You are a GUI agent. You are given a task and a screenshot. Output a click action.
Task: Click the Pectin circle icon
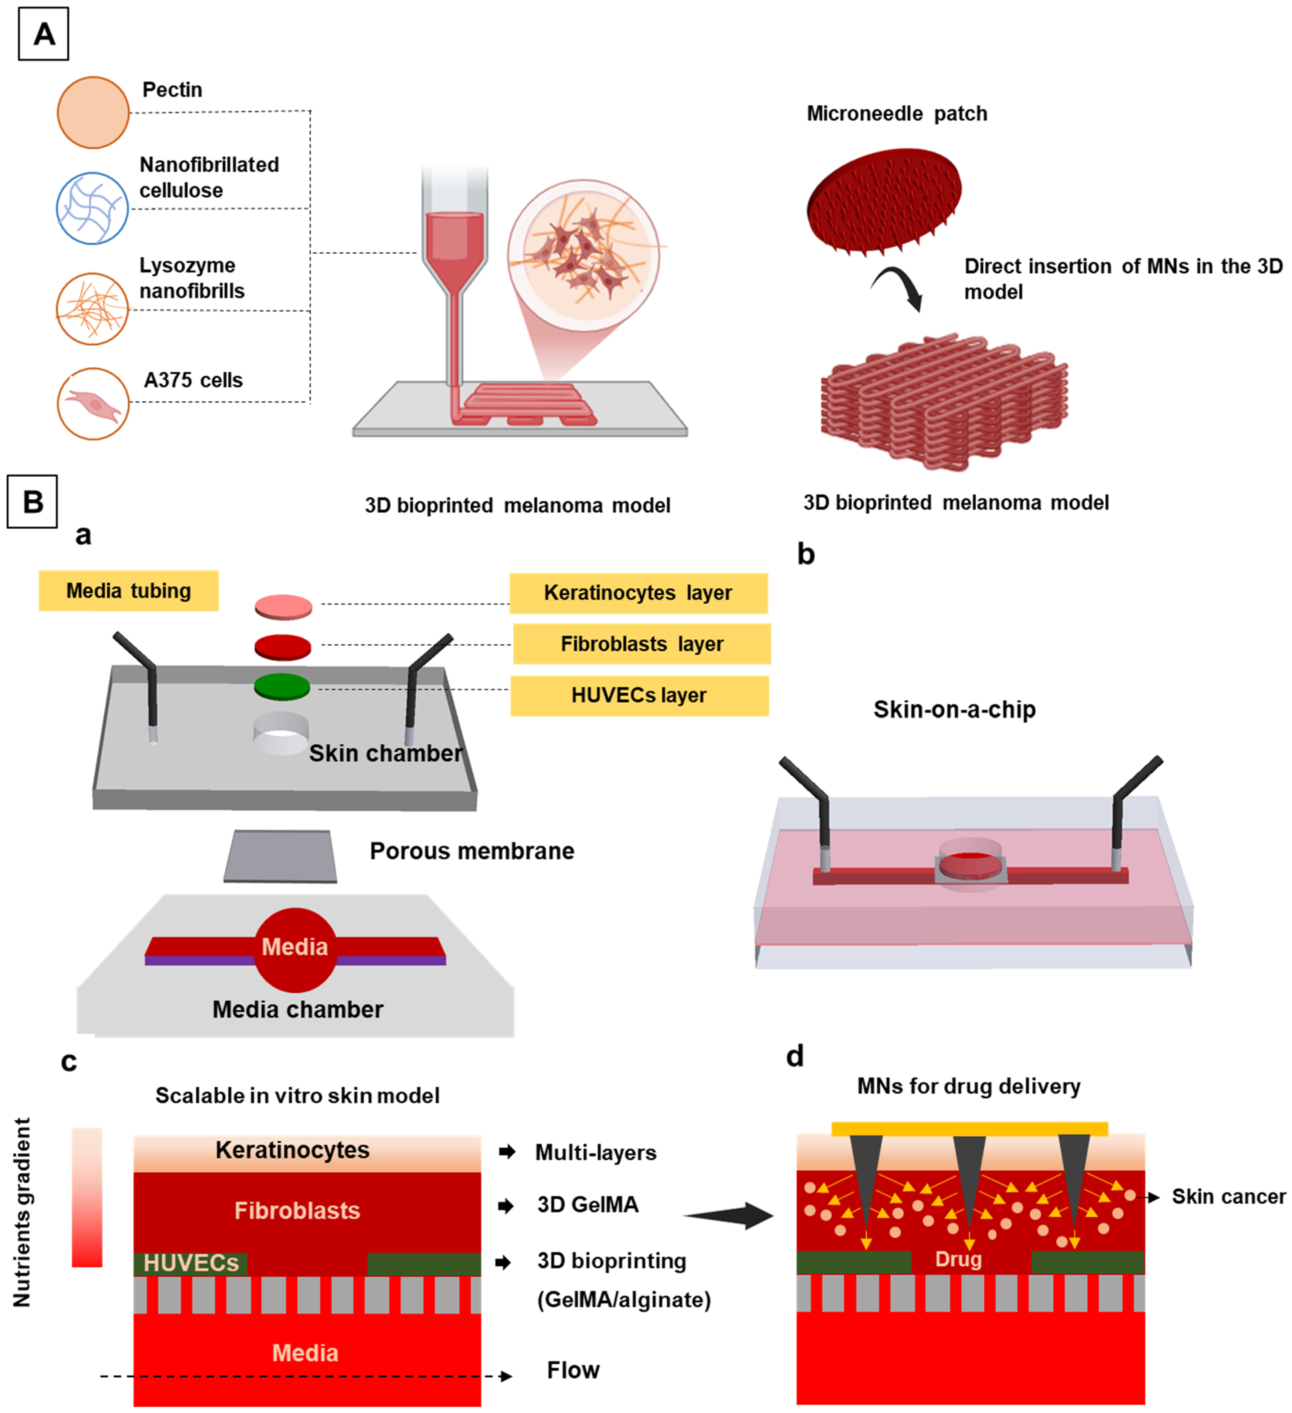93,112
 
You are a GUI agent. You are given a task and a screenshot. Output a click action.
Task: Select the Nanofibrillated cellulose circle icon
92,208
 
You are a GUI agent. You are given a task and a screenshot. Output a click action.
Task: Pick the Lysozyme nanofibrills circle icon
92,309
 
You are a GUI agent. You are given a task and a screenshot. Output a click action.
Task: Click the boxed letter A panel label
44,34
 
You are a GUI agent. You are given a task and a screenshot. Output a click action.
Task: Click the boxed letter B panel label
32,502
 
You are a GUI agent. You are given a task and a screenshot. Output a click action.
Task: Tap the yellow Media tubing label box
128,591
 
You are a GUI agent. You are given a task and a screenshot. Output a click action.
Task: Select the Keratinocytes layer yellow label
638,593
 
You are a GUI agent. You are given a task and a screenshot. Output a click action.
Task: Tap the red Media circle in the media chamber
295,950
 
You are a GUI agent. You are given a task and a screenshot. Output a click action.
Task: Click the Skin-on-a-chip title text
954,709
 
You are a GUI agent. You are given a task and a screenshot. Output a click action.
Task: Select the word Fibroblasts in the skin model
297,1211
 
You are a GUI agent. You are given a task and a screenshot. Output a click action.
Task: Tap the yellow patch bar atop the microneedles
970,1128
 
